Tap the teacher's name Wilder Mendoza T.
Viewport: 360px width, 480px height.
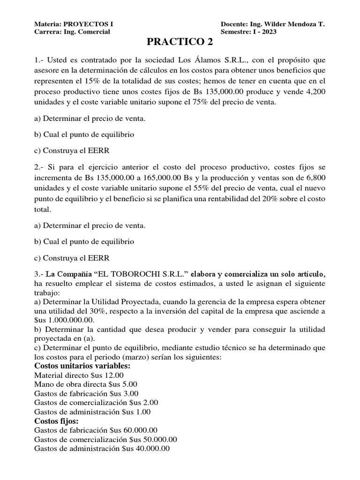(x=295, y=24)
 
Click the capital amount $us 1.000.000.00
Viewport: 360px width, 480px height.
(x=64, y=320)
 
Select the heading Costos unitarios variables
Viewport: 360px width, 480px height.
(x=82, y=366)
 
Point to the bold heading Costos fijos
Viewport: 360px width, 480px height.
(x=56, y=421)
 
